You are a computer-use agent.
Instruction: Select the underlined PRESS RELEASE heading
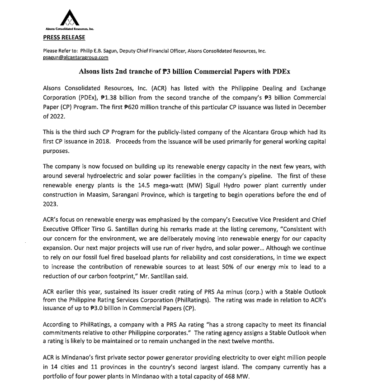(64, 37)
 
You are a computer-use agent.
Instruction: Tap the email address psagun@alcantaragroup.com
(75, 58)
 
